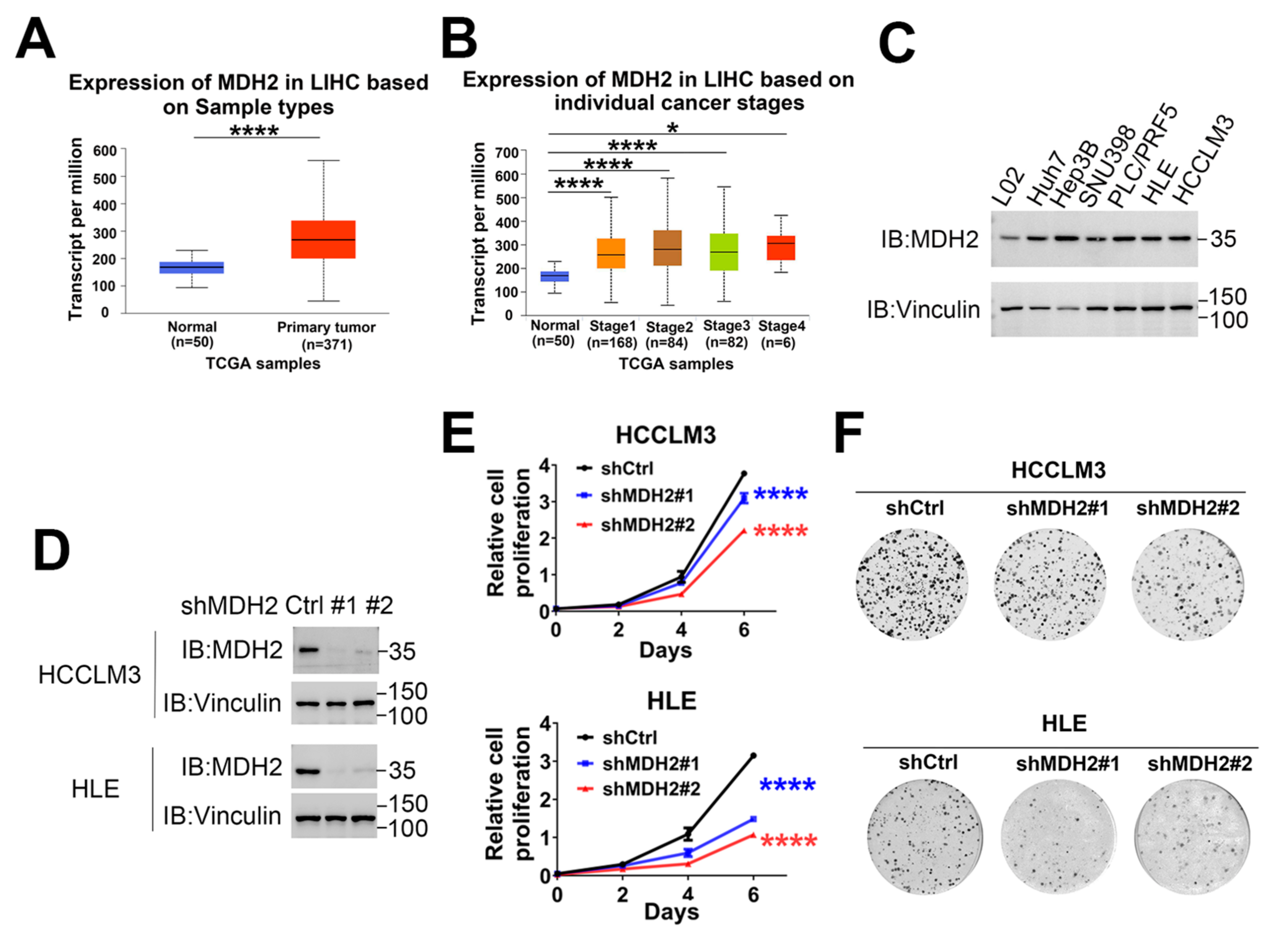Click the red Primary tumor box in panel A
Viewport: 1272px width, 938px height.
point(323,239)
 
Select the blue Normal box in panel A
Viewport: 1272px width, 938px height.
point(191,267)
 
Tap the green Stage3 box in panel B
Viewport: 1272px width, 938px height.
point(724,252)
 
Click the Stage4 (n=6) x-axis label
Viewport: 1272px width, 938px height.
point(782,334)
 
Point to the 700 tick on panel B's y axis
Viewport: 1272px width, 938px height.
point(507,152)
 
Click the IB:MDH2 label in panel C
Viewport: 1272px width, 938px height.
point(930,239)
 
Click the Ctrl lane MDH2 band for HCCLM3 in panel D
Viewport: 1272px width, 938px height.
point(307,650)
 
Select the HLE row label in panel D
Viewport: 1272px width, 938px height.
point(95,789)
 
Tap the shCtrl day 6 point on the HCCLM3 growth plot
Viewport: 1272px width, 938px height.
point(744,473)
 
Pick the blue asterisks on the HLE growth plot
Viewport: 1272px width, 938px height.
point(787,785)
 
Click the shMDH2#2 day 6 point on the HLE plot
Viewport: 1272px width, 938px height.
point(753,835)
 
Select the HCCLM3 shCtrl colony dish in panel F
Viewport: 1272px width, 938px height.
point(912,584)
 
